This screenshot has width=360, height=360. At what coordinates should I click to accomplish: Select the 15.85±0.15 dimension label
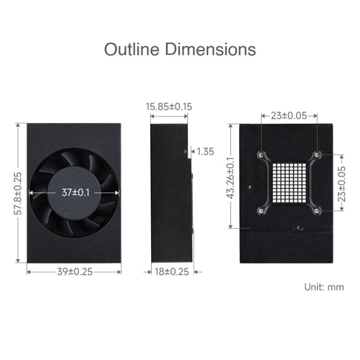(x=169, y=106)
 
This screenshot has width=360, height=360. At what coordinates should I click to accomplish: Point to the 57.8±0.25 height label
(x=18, y=194)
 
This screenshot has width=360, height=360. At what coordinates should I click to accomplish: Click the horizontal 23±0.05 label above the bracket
(x=288, y=116)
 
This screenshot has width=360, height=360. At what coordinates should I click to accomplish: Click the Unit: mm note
(x=324, y=287)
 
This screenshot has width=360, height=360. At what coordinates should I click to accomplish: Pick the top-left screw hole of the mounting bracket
(x=261, y=155)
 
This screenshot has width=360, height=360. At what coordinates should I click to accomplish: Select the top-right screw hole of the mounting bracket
(x=316, y=155)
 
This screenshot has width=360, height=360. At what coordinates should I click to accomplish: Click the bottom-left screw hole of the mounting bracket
(x=261, y=210)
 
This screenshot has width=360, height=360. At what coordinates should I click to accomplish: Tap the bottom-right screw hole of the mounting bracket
(x=316, y=210)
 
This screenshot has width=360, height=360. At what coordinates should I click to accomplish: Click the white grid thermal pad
(x=288, y=183)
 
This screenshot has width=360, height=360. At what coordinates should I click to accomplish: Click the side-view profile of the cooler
(x=170, y=193)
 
